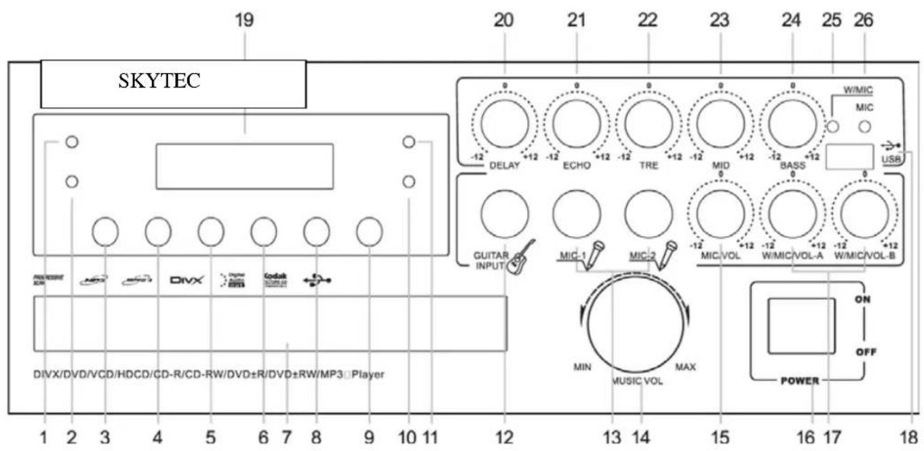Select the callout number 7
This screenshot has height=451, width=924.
click(x=287, y=437)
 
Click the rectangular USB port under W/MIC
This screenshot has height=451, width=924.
click(x=848, y=156)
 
